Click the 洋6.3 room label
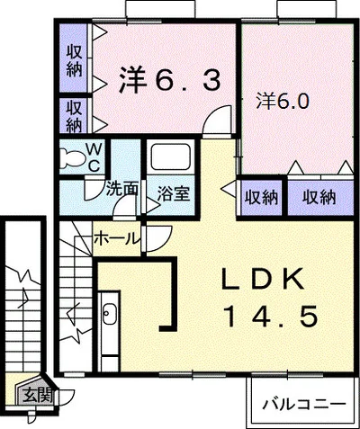coord(168,82)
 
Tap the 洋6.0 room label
coord(286,101)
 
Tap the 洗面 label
coord(121,191)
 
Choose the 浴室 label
coord(172,192)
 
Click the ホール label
coord(118,239)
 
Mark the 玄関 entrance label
coord(38,393)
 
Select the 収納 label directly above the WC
coord(75,116)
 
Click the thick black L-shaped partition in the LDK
coord(169,306)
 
